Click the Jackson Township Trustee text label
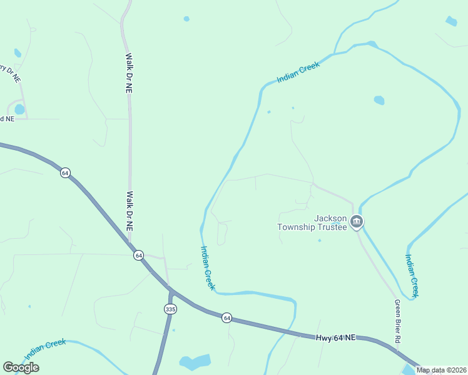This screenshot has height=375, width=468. pos(312,222)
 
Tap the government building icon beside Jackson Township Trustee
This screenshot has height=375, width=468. pos(356,221)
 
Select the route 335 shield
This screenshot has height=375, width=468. pos(170,309)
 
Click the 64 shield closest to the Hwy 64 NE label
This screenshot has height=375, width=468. pos(226,317)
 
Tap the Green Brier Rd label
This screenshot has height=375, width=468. pos(397,321)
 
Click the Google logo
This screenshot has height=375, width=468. pos(21,367)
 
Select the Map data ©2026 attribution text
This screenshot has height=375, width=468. pos(440,370)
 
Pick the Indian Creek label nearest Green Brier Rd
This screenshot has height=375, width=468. pos(412,275)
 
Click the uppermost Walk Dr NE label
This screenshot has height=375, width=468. pos(128,74)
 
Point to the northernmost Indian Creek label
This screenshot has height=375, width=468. pos(298,72)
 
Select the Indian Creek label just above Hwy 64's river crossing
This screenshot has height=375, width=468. pos(208,267)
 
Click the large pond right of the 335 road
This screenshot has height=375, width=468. pos(195,362)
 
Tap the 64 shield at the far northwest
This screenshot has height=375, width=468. pos(64,172)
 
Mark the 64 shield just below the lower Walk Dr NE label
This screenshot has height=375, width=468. pos(138,255)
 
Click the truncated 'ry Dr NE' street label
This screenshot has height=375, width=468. pos(11,74)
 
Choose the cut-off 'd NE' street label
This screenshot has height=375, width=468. pos(7,119)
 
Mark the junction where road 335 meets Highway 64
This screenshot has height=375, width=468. pos(171,290)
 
